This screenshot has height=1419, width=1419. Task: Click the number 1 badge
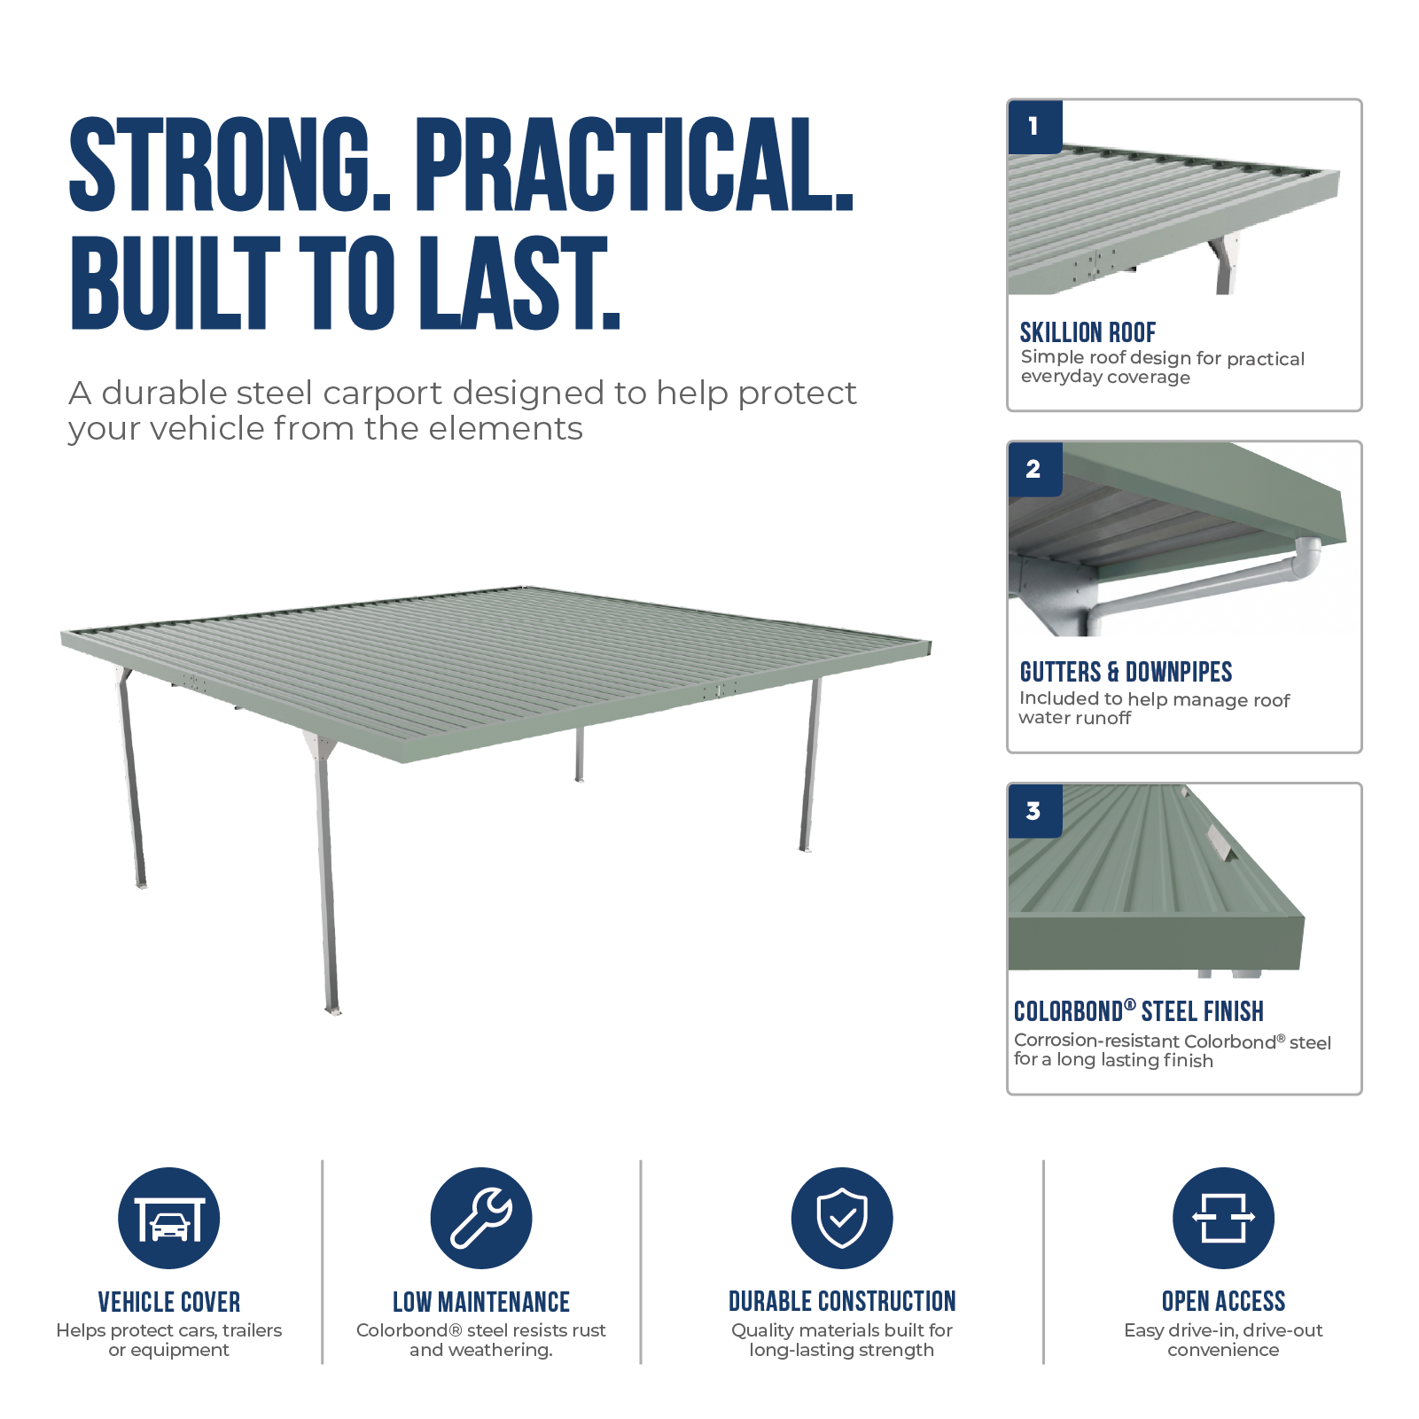(1034, 127)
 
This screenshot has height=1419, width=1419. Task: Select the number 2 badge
(1034, 469)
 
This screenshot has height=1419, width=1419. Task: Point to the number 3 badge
(1034, 811)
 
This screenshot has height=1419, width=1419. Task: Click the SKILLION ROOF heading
(1088, 332)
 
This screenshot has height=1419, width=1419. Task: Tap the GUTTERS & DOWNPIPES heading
(1126, 672)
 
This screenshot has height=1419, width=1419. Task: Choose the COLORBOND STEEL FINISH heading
(1139, 1011)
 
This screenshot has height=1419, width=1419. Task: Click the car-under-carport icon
(169, 1218)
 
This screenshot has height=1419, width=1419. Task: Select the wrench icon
(481, 1218)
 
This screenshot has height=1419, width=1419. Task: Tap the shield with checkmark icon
(842, 1218)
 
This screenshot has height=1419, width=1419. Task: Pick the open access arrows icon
(1223, 1218)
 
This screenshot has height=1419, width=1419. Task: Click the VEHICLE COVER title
(169, 1302)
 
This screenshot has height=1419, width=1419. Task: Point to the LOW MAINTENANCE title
(481, 1302)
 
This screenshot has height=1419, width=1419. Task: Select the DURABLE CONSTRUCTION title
(842, 1301)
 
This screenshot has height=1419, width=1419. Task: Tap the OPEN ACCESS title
(1223, 1301)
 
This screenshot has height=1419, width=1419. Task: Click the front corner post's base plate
(332, 1010)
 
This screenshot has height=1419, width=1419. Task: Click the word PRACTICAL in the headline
(635, 165)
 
